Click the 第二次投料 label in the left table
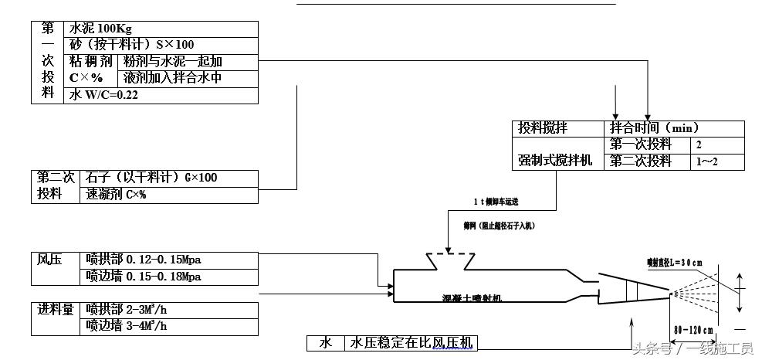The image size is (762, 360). click(x=56, y=185)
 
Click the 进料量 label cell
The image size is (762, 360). click(x=56, y=310)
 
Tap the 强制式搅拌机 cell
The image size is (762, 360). click(x=555, y=161)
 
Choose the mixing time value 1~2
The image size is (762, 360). click(x=706, y=161)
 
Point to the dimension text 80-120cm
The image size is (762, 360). click(x=693, y=330)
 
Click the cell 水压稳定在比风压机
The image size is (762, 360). click(x=413, y=342)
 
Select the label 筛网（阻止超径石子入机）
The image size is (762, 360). click(x=499, y=226)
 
